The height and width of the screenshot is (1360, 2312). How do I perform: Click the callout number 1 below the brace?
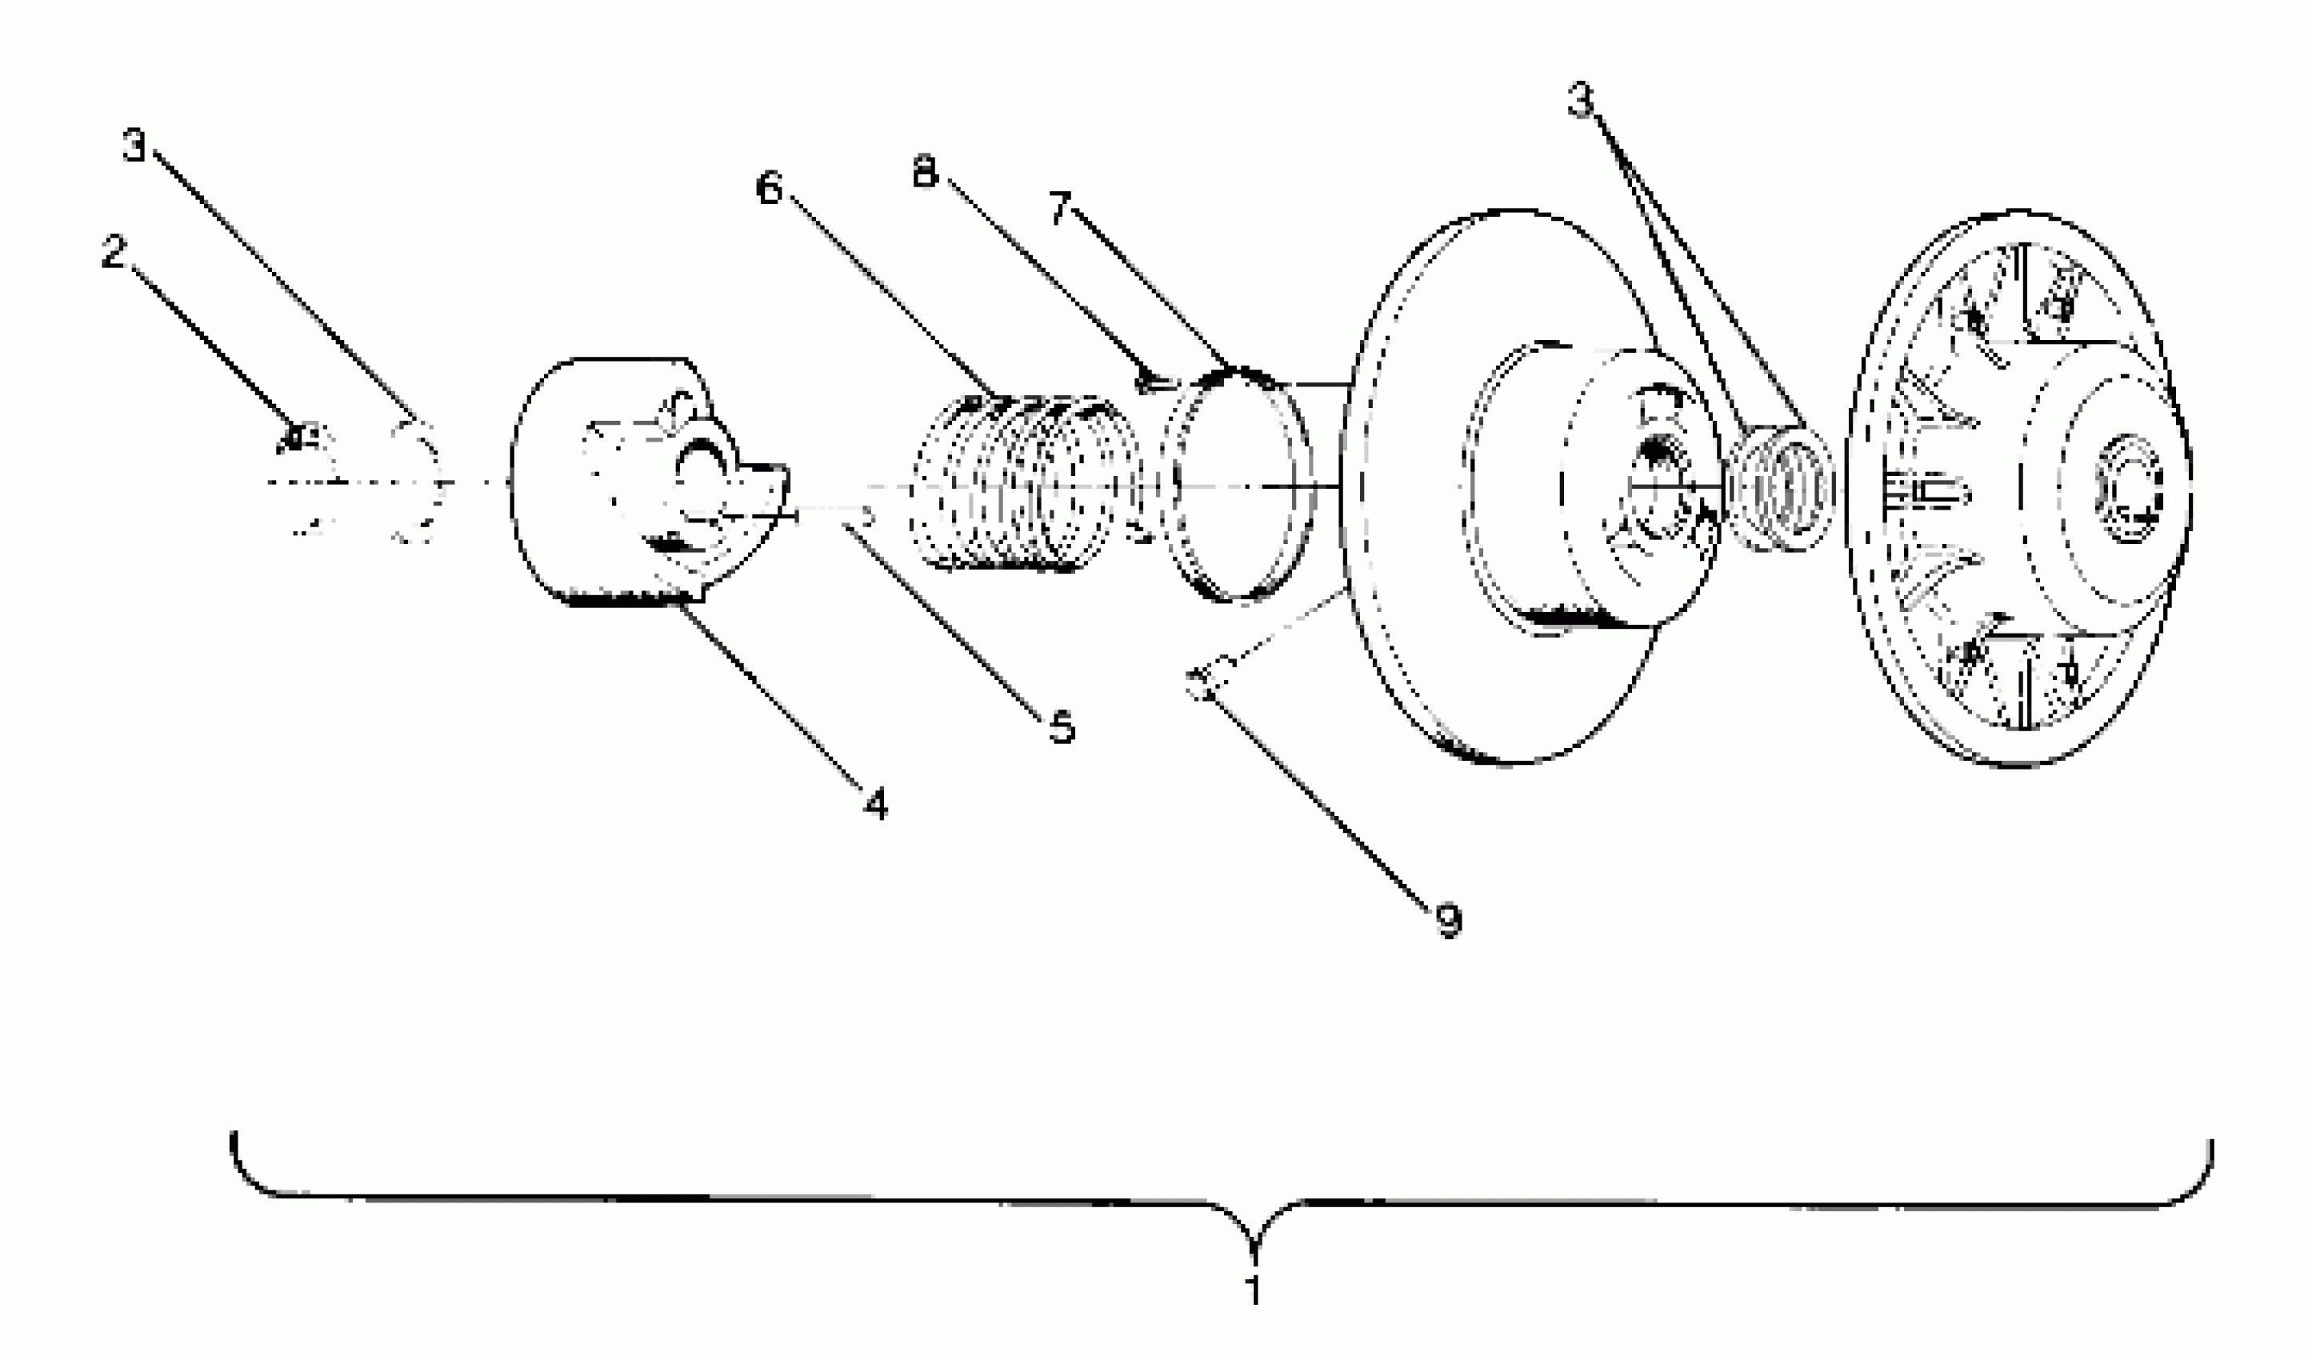(1254, 1290)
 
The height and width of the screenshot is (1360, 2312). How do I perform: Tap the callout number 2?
(114, 252)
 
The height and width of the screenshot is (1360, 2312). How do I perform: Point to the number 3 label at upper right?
(1580, 100)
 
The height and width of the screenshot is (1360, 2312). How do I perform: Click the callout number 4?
(876, 805)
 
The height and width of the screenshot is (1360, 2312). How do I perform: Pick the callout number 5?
(1062, 728)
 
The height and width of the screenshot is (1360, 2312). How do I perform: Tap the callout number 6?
(769, 188)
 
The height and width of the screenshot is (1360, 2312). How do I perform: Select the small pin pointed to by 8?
(1152, 379)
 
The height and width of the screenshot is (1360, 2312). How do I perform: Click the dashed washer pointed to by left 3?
(418, 482)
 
